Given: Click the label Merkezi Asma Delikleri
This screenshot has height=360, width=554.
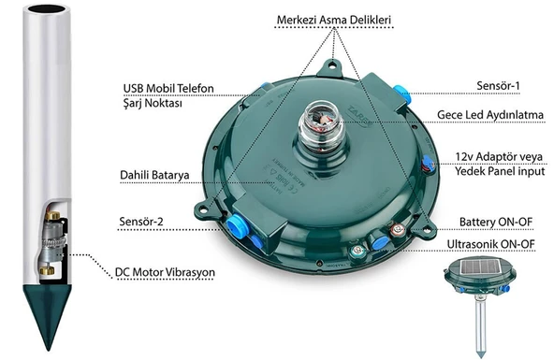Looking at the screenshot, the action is [333, 20].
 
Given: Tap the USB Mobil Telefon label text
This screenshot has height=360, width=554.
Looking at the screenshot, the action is [168, 88].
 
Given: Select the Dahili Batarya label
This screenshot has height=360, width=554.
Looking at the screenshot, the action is [154, 175].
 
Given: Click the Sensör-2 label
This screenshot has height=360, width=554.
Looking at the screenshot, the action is [141, 222].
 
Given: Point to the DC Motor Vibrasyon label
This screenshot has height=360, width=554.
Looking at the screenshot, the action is [165, 272].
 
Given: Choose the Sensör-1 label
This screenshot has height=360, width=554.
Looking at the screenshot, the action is [498, 86].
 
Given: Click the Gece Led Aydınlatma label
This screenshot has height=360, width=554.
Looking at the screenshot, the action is [490, 115].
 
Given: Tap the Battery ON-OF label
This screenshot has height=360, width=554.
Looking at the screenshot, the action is [496, 222].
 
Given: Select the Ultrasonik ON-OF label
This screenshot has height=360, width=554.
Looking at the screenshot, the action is [490, 244].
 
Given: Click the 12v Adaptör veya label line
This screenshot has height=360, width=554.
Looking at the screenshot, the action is [499, 157].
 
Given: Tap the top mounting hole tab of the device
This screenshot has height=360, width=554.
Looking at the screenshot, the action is [332, 68].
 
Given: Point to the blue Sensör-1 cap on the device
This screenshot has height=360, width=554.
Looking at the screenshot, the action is [401, 94].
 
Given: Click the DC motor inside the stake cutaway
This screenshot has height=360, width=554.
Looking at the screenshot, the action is [52, 243].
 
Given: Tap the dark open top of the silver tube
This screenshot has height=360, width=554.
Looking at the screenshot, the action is [47, 8].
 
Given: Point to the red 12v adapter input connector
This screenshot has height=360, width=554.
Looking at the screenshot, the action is [429, 165].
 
